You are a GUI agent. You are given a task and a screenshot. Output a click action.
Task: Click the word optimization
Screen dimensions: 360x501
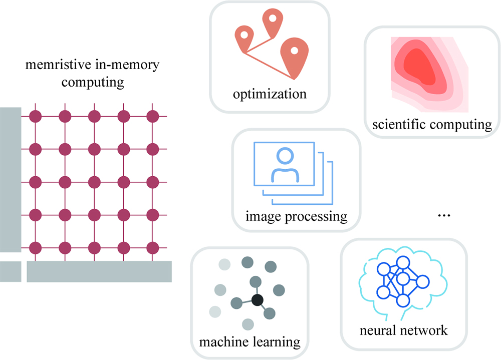pos(269,94)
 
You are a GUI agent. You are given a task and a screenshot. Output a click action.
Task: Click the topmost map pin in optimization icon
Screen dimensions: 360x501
pos(272,21)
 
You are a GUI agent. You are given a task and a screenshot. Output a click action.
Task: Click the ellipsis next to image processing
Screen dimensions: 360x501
pos(444,215)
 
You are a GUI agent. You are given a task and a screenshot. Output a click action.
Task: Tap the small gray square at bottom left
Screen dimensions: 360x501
pos(10,271)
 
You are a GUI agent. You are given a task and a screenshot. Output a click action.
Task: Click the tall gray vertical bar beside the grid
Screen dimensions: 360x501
pos(10,179)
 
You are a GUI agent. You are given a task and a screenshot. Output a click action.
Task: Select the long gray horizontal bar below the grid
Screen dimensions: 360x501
pos(99,271)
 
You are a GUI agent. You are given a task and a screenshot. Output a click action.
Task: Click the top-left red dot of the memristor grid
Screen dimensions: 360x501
pos(35,116)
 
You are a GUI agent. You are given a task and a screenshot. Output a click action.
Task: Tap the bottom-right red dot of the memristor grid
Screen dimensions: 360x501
pos(153,247)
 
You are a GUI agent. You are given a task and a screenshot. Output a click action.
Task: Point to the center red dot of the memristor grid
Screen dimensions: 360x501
pos(94,182)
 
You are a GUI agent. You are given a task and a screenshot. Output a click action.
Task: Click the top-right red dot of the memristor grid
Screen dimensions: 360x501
pos(153,116)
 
